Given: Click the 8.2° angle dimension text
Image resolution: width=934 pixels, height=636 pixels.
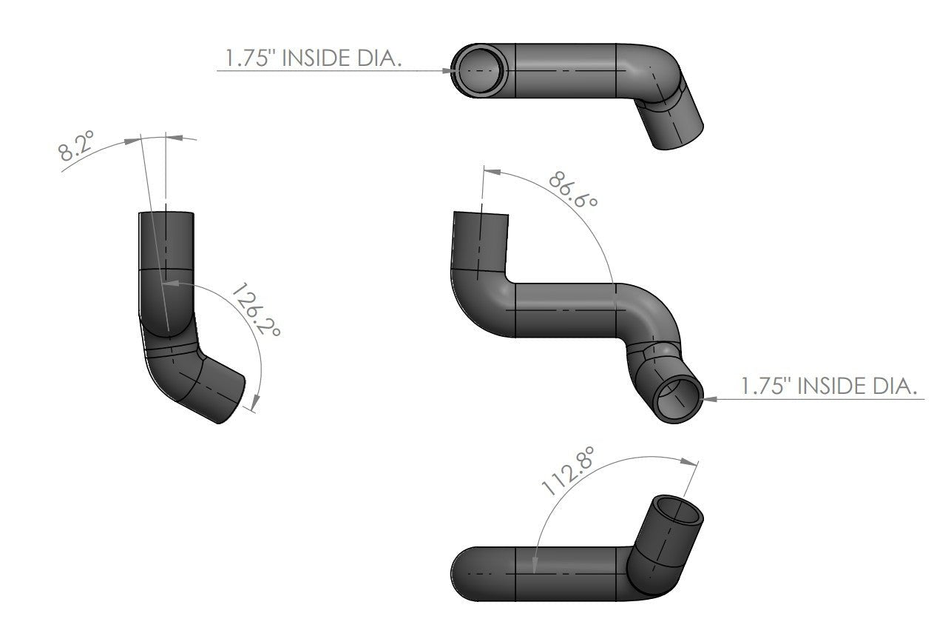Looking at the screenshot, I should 78,148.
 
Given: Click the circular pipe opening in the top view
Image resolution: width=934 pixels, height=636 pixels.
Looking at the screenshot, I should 481,70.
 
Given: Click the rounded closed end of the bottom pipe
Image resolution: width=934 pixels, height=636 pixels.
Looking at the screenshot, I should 462,574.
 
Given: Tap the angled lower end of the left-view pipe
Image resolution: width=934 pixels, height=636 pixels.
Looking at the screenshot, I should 231,394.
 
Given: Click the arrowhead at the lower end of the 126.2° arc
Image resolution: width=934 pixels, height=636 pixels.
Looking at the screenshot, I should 255,404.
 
